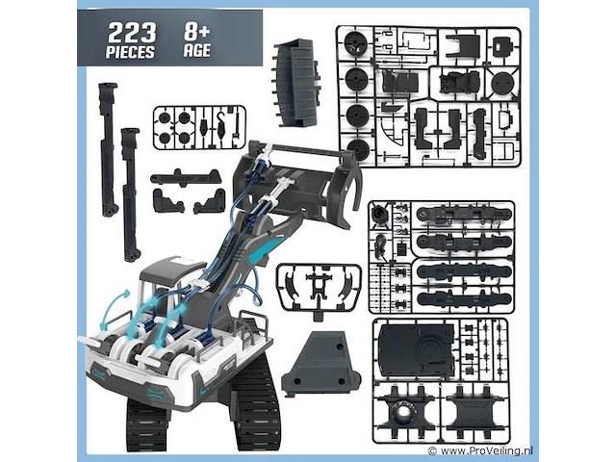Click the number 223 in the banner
132,33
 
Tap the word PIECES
130,52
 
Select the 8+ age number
196,32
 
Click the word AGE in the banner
196,50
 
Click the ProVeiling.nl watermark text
486,450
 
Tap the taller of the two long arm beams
109,149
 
